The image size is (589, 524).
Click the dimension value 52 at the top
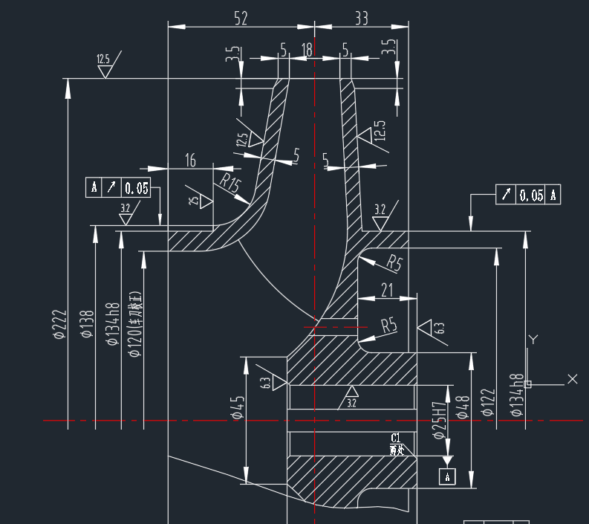click(x=241, y=19)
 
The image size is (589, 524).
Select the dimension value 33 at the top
click(x=361, y=19)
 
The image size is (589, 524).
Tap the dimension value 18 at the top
click(x=307, y=50)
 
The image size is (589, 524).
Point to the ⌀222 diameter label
click(x=60, y=325)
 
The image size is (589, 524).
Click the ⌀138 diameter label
click(x=87, y=325)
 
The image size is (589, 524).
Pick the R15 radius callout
click(x=230, y=183)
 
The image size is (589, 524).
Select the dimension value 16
click(x=190, y=161)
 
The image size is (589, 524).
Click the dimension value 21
click(x=387, y=291)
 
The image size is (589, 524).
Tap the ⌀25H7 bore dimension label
click(x=439, y=418)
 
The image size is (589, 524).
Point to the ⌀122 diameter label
click(x=488, y=403)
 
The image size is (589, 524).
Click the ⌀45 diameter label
click(x=238, y=407)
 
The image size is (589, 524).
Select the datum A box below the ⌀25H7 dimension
click(x=447, y=476)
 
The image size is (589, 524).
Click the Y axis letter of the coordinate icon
click(x=533, y=340)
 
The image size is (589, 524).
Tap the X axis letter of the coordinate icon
click(x=572, y=379)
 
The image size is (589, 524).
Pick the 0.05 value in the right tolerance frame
click(x=531, y=195)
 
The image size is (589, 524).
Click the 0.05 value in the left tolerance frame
click(x=136, y=188)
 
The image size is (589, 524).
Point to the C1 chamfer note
click(x=396, y=437)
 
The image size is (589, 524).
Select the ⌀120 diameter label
click(x=135, y=325)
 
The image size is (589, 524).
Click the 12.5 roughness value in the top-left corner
click(x=103, y=59)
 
